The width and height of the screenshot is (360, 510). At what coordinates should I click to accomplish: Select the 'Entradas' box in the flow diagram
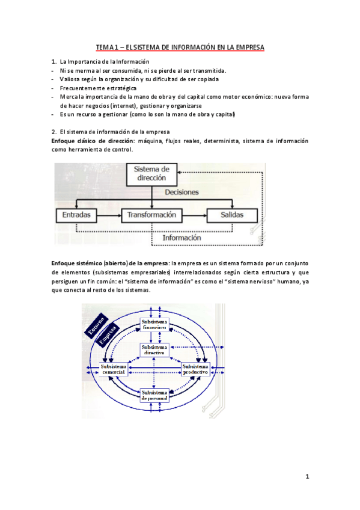point(76,215)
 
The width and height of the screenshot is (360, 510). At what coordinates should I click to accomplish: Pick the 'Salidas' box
point(231,215)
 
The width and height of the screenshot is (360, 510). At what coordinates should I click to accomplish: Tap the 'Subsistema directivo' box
point(154,350)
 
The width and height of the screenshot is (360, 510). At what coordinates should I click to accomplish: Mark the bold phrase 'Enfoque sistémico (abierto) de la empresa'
point(110,263)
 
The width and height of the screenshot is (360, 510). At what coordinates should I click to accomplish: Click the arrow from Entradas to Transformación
point(109,215)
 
